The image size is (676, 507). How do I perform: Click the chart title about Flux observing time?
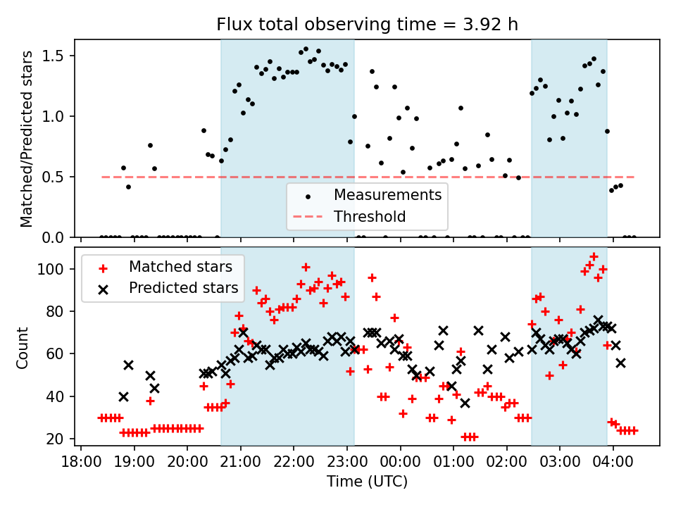pyautogui.click(x=367, y=25)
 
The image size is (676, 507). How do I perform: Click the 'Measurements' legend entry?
pyautogui.click(x=387, y=194)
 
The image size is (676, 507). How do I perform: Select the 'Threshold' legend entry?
pyautogui.click(x=370, y=216)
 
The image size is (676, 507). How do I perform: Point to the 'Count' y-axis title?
pyautogui.click(x=24, y=347)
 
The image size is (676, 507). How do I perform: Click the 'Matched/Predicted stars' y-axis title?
pyautogui.click(x=27, y=139)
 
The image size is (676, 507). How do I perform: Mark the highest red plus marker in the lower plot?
pyautogui.click(x=594, y=256)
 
